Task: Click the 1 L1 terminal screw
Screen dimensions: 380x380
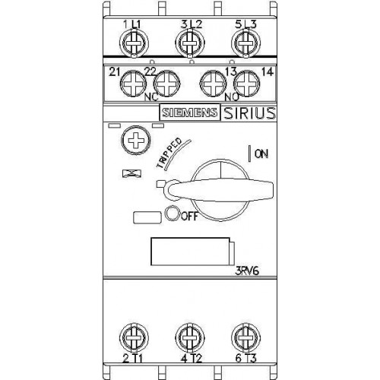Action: click(x=134, y=43)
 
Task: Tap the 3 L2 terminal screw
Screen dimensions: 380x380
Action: click(x=190, y=43)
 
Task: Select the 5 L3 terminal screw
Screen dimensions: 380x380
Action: click(x=246, y=43)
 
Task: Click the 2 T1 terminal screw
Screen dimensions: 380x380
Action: click(x=134, y=337)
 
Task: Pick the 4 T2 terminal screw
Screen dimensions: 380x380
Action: click(x=190, y=337)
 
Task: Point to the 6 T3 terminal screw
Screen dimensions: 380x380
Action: click(x=246, y=337)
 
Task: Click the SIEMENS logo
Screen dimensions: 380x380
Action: click(x=190, y=112)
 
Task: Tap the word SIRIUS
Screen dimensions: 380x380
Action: click(x=249, y=113)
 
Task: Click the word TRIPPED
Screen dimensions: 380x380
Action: click(x=169, y=153)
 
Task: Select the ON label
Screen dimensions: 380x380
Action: click(x=261, y=154)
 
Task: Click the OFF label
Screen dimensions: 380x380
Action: click(x=189, y=216)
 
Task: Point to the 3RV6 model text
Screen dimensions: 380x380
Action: click(x=247, y=271)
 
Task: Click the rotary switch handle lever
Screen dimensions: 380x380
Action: click(x=219, y=190)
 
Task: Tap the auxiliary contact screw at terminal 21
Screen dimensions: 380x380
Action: click(x=133, y=84)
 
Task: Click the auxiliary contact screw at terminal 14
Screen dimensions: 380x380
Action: click(x=246, y=84)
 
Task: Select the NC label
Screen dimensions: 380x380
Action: click(x=151, y=97)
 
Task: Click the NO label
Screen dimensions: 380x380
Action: click(x=233, y=97)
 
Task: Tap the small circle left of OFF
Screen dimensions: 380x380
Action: click(x=173, y=214)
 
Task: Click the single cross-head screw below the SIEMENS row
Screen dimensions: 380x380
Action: click(x=136, y=140)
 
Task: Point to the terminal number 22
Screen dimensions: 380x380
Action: click(x=150, y=72)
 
